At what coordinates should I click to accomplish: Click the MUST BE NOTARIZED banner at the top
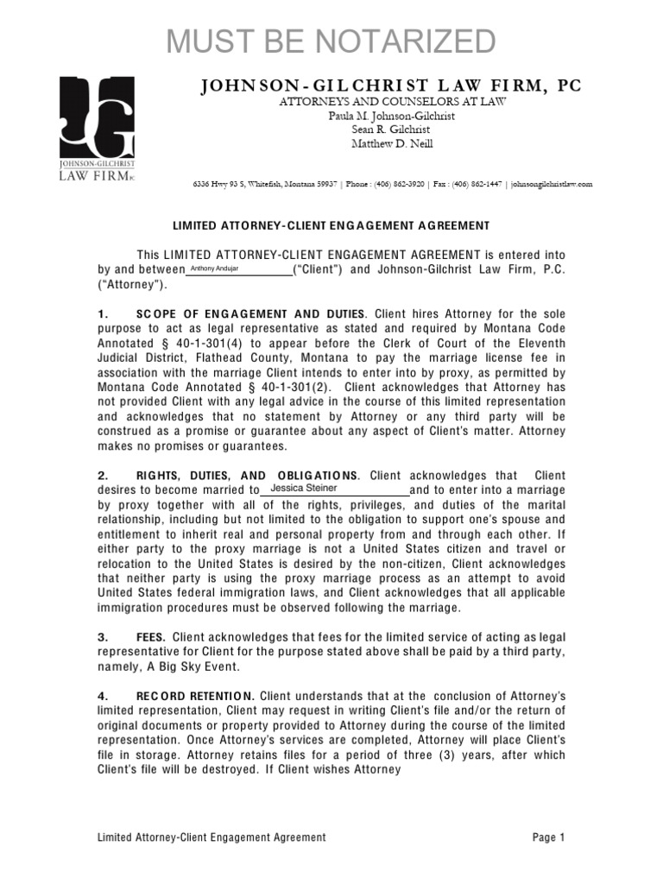tap(331, 41)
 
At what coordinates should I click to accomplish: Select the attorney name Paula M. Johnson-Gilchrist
tap(391, 116)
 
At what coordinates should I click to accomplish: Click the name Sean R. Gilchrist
tap(391, 129)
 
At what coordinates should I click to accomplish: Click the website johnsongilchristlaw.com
tap(551, 184)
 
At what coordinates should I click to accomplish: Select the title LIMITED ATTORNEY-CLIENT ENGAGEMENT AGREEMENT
tap(331, 225)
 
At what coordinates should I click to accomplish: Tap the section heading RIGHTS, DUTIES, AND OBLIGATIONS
tap(247, 476)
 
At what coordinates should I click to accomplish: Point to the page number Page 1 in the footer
tap(548, 837)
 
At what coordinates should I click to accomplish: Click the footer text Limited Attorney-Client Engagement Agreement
tap(212, 837)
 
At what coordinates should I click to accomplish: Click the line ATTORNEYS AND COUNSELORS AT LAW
tap(391, 101)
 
